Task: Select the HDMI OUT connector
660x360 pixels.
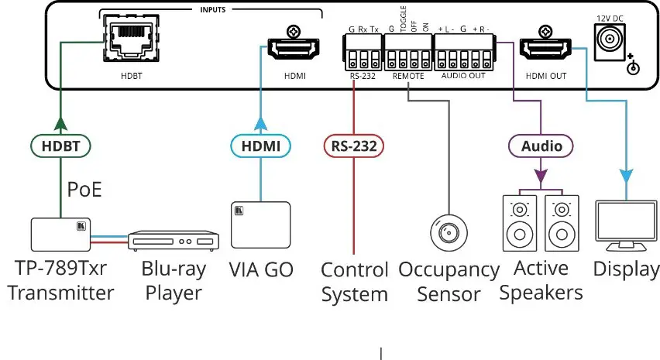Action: [546, 50]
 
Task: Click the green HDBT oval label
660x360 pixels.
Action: [61, 145]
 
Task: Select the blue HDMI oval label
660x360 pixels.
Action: [261, 145]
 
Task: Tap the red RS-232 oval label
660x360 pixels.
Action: [353, 145]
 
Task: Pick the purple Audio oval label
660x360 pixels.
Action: [541, 145]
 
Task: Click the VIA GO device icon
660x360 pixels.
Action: [261, 225]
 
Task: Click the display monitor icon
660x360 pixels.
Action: [627, 225]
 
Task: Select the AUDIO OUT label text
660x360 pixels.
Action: [463, 76]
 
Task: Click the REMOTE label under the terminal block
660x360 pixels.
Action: [408, 76]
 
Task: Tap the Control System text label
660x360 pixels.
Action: [354, 282]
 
